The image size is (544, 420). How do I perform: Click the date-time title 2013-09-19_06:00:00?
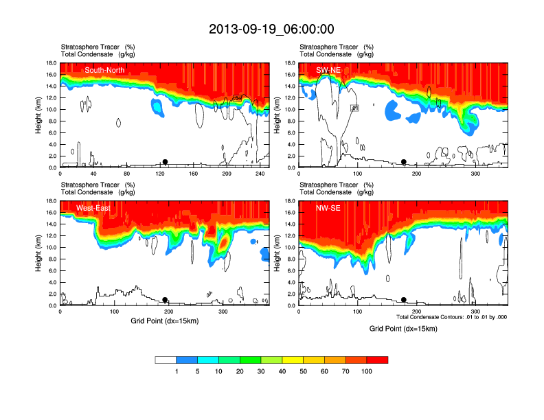[271, 29]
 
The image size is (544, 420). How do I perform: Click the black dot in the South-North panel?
[165, 162]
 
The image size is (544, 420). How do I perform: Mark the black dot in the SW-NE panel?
[404, 162]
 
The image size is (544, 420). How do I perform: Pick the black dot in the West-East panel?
[165, 300]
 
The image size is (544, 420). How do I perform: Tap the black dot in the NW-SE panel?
[404, 300]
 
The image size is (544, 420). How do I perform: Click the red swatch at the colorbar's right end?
[378, 360]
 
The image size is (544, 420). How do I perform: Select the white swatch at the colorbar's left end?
[166, 360]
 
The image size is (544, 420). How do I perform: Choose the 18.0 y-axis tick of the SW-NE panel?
[290, 63]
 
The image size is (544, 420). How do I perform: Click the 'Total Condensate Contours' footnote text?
[451, 316]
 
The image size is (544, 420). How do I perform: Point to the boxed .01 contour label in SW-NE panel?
[355, 108]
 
